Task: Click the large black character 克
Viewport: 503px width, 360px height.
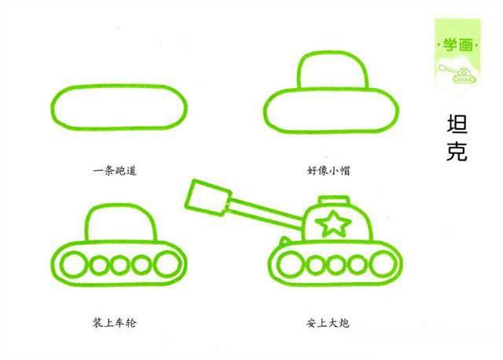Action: click(456, 151)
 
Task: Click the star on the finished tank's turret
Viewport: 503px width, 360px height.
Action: click(335, 224)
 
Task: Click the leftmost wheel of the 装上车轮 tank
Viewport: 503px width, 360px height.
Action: click(73, 264)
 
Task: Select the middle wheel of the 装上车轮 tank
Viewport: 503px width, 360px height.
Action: click(119, 265)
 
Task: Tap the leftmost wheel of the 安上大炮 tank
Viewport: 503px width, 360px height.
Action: click(288, 265)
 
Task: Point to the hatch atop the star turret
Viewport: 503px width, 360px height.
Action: click(335, 200)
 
